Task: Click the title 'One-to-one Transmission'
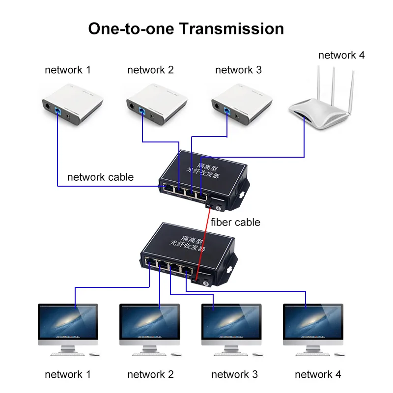tap(186, 28)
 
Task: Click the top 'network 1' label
tap(68, 70)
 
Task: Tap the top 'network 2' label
tap(150, 70)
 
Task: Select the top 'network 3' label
tap(238, 70)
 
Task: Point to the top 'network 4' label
tap(341, 55)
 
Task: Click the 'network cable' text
tap(100, 177)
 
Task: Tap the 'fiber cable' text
tap(235, 223)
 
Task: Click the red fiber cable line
tap(203, 246)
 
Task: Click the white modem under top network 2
tap(154, 104)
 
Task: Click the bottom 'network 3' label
tap(234, 375)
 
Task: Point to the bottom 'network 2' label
tap(150, 375)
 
